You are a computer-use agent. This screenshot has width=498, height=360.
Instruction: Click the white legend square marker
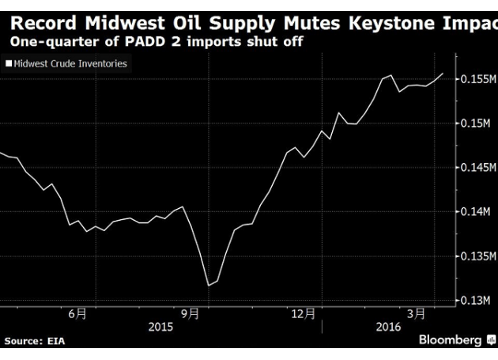9,63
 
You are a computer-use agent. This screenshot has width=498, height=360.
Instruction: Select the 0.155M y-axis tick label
477,80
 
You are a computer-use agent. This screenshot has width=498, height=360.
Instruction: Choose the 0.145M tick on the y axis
477,168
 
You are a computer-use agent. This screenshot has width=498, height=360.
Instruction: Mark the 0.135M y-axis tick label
477,256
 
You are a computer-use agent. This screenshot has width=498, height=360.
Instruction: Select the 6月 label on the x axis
77,314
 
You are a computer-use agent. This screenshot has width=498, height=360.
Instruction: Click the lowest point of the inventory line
208,285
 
